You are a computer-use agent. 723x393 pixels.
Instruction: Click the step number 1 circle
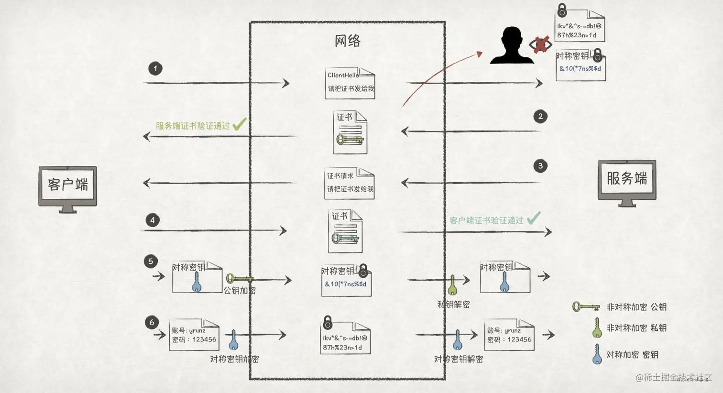click(x=155, y=68)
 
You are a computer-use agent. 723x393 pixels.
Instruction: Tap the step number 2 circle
click(x=540, y=116)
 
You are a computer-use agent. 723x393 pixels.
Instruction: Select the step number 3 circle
click(x=540, y=166)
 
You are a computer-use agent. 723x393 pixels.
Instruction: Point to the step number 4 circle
click(x=153, y=220)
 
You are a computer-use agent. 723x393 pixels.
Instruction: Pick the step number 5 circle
click(x=151, y=261)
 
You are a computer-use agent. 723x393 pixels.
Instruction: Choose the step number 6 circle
click(x=152, y=322)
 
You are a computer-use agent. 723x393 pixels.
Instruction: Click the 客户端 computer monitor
click(x=68, y=186)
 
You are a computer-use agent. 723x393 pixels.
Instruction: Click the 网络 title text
click(x=348, y=41)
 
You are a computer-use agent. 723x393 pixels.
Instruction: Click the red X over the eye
click(x=541, y=45)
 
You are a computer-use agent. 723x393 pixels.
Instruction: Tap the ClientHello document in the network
click(x=350, y=83)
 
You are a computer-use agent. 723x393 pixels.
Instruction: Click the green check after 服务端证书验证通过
click(x=239, y=124)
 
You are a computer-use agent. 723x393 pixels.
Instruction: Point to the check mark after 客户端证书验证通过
click(x=534, y=218)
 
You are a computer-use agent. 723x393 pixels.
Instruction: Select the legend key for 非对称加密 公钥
click(x=586, y=306)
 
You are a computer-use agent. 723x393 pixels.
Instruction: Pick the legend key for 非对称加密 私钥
click(x=596, y=328)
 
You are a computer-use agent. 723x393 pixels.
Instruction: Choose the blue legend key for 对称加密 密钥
click(x=597, y=354)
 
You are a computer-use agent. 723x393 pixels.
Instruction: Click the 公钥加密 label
click(x=240, y=290)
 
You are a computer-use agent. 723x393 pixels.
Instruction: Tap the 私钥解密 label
click(x=453, y=304)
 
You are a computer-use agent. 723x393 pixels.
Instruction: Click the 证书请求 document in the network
click(x=349, y=183)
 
